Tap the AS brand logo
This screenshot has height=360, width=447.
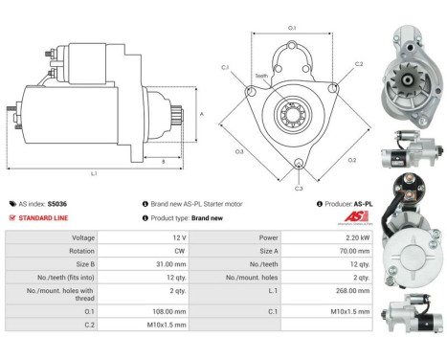tap(352, 219)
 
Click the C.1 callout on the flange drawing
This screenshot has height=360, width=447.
tap(226, 67)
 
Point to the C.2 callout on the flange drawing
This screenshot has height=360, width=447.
tap(359, 64)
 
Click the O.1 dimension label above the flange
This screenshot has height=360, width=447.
tap(292, 29)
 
